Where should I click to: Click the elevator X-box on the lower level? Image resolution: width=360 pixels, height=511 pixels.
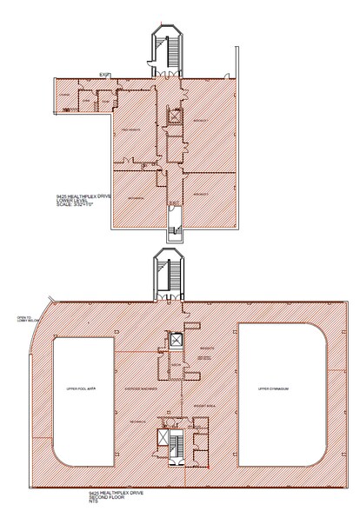(174, 116)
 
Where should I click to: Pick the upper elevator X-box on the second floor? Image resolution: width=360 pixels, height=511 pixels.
(175, 340)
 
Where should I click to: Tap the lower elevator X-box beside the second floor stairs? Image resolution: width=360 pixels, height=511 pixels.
(163, 437)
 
